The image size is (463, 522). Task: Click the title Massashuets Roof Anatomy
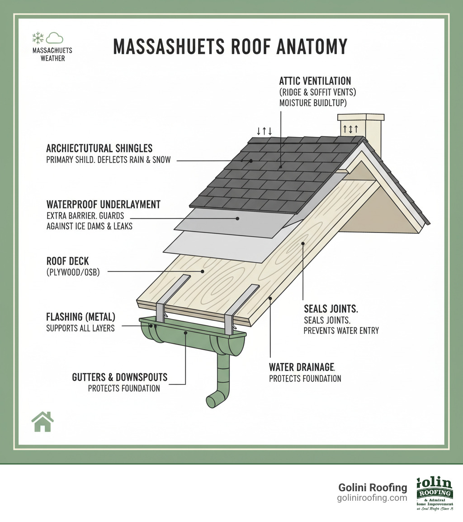pyautogui.click(x=230, y=47)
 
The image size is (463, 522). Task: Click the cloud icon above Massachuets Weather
pyautogui.click(x=55, y=38)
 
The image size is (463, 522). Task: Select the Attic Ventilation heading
pyautogui.click(x=315, y=81)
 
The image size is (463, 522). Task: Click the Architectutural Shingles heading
pyautogui.click(x=99, y=148)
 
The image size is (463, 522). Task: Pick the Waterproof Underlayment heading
pyautogui.click(x=103, y=204)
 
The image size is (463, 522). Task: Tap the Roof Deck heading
pyautogui.click(x=67, y=261)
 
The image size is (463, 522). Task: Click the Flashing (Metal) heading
pyautogui.click(x=80, y=317)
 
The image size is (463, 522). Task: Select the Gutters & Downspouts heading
pyautogui.click(x=119, y=377)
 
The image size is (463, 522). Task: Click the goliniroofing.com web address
pyautogui.click(x=372, y=498)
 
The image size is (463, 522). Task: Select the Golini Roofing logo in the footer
pyautogui.click(x=435, y=493)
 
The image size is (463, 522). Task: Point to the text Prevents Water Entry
pyautogui.click(x=341, y=331)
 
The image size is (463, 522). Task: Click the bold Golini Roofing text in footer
pyautogui.click(x=373, y=487)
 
